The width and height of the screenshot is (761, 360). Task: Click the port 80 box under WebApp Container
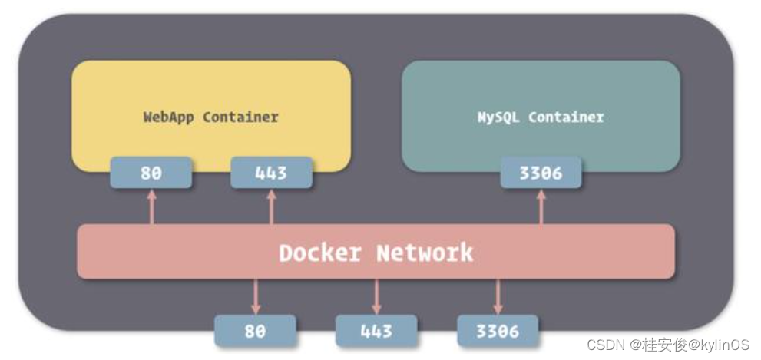click(x=151, y=173)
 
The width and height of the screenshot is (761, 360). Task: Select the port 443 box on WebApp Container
click(x=271, y=173)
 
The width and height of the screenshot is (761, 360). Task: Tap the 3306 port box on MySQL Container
click(x=541, y=173)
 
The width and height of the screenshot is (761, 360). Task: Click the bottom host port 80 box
click(x=255, y=331)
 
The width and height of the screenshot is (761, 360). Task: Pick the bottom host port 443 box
click(x=376, y=331)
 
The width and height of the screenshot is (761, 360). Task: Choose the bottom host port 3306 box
click(x=497, y=331)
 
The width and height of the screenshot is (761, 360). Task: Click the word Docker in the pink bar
click(x=321, y=252)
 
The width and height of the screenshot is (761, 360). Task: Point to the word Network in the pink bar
click(x=425, y=252)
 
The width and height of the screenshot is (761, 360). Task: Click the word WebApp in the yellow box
click(x=169, y=117)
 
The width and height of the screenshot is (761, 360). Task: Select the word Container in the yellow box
click(x=240, y=117)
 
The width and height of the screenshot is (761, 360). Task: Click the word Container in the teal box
click(x=566, y=117)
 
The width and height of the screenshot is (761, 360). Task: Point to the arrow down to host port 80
click(x=255, y=296)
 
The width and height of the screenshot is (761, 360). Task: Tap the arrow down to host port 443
click(x=376, y=296)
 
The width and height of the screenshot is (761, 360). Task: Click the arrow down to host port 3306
click(x=497, y=296)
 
